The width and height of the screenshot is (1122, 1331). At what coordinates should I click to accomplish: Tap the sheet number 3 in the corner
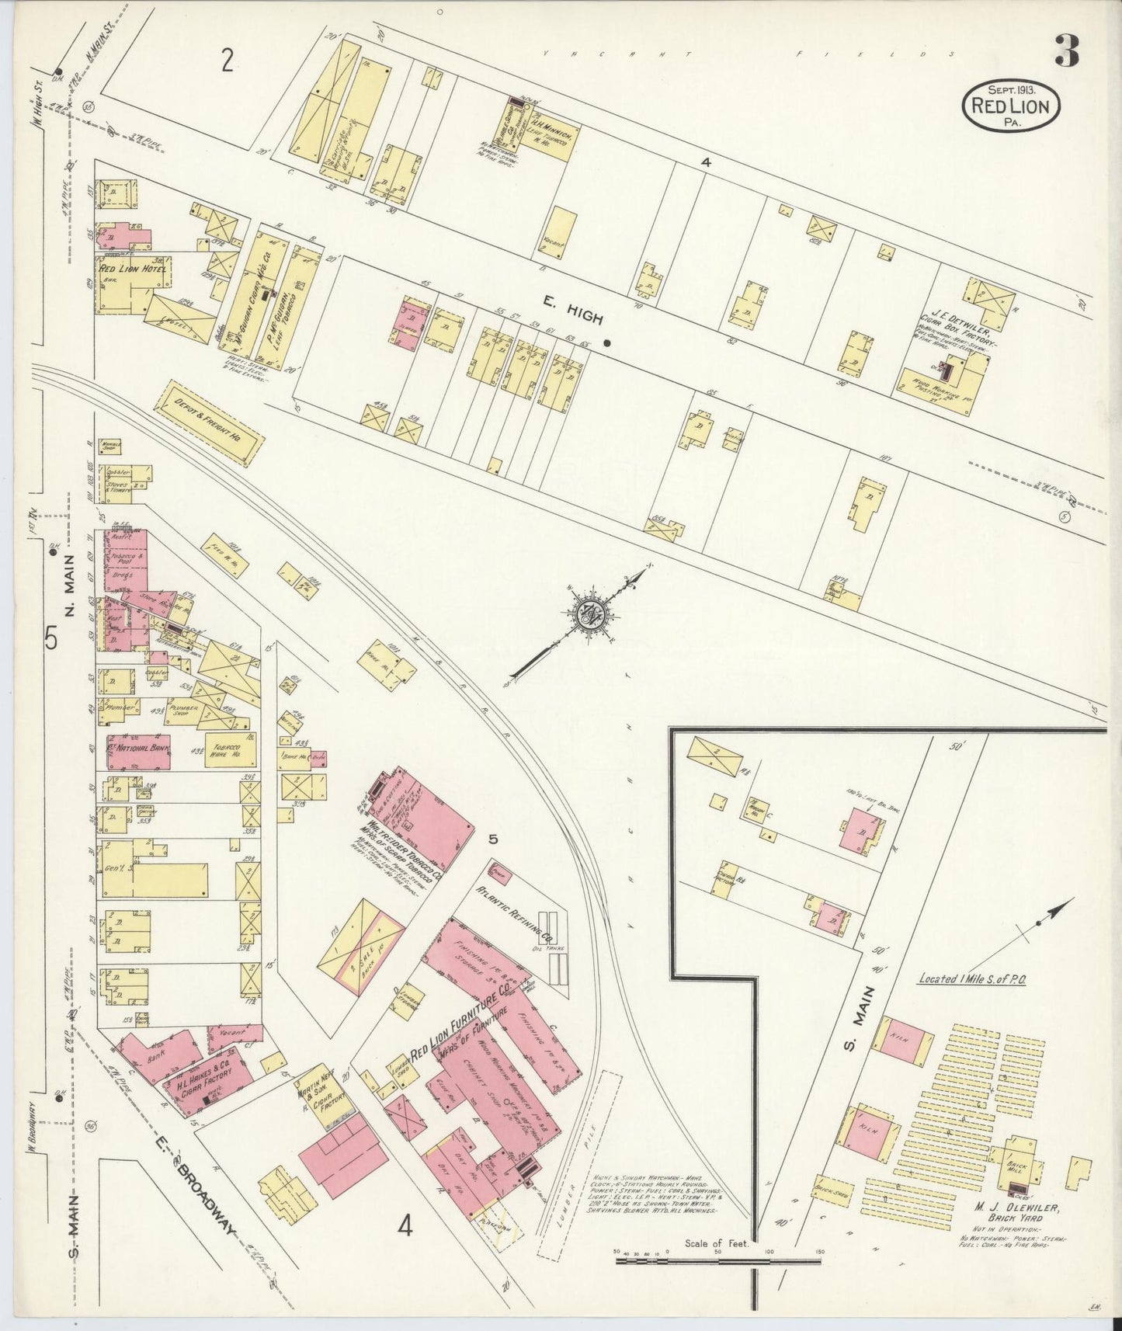[x=1067, y=52]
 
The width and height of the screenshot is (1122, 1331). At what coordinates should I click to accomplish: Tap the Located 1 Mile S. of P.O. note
[x=972, y=978]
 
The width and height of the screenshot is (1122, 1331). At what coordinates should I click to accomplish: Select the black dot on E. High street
[x=607, y=342]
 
